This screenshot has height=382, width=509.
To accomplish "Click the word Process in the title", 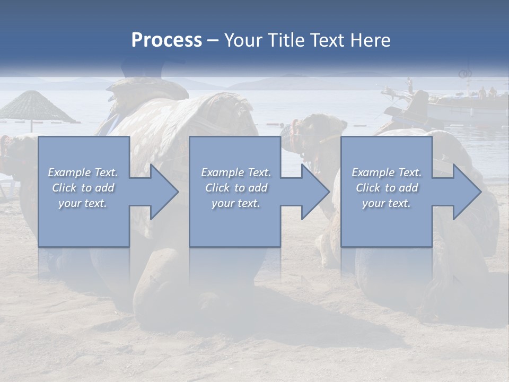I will click(166, 40).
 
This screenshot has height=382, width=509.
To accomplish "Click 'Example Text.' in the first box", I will click(83, 172).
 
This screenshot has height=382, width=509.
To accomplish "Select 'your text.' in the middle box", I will click(235, 203).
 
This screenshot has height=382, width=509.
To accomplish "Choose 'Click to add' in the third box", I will click(387, 188).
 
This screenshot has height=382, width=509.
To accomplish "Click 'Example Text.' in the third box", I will click(387, 172).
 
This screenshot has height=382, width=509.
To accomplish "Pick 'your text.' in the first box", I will click(83, 203).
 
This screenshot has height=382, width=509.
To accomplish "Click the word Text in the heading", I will click(328, 40).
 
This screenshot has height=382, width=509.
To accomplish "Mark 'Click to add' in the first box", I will click(83, 188).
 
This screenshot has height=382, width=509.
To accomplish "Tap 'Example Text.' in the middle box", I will click(235, 172).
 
